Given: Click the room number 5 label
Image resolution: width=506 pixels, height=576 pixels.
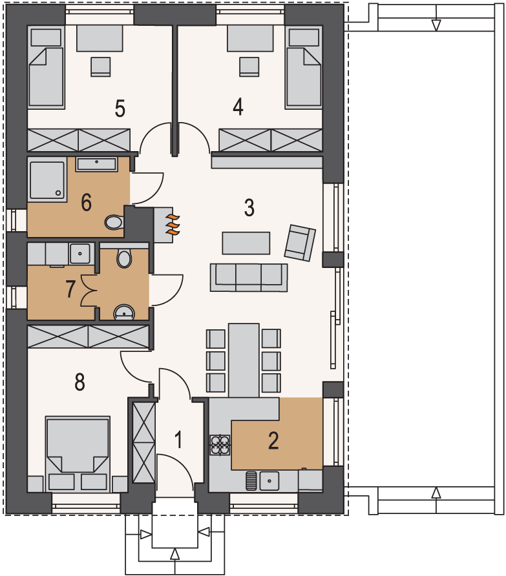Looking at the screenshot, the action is (120, 108).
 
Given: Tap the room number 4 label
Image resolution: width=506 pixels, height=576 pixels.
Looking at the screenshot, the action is (238, 107).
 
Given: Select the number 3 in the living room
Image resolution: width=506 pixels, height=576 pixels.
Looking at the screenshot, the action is (249, 207).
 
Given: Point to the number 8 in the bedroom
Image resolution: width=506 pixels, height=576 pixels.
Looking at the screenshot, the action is (79, 382).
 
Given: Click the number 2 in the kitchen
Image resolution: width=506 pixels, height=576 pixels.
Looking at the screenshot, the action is (273, 441).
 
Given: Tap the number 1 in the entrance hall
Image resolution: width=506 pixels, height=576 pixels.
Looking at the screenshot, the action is (179, 440).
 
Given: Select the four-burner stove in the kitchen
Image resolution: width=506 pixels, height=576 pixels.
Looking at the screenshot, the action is (220, 445).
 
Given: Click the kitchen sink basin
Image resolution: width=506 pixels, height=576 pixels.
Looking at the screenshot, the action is (269, 481).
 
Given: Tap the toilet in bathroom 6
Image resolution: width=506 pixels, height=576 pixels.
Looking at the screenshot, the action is (114, 222).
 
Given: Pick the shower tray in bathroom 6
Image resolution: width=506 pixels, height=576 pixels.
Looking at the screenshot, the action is (47, 180).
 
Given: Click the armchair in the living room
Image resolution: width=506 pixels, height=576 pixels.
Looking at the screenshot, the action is (300, 243).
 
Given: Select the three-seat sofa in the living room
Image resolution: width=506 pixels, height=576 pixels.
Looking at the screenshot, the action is (249, 278).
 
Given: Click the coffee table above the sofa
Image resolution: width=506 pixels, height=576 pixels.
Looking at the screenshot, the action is (246, 243).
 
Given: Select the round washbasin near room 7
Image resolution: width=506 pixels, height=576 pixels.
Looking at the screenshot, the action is (124, 312).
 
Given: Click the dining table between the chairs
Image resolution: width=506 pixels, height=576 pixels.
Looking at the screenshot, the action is (244, 360).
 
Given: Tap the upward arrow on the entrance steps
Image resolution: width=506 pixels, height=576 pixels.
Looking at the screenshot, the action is (175, 553).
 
